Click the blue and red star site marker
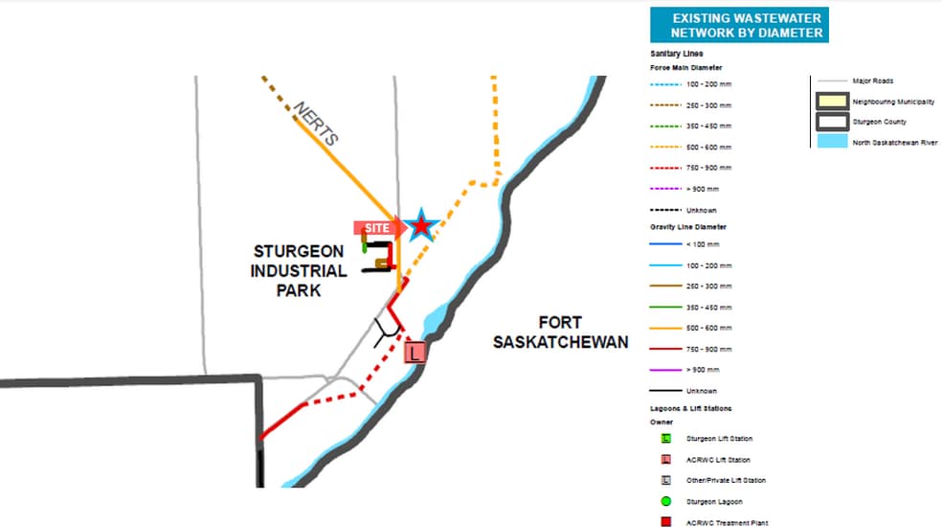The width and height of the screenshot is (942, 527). (420, 226)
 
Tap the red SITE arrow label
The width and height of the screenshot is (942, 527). (379, 228)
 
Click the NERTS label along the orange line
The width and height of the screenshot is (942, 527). (316, 125)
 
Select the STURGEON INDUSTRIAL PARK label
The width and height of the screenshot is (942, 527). (299, 270)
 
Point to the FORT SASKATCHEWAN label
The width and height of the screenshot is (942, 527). (560, 332)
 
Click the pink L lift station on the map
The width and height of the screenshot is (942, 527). (415, 354)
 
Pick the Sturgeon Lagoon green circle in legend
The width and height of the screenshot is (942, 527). (665, 501)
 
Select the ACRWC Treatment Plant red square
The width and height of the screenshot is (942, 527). (665, 522)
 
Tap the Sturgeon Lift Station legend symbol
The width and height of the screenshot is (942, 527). (665, 438)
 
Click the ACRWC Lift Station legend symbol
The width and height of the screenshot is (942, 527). (665, 459)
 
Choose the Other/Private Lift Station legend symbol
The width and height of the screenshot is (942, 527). (665, 480)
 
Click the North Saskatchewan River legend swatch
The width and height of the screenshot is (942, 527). (830, 142)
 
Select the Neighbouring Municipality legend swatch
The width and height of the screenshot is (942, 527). (830, 101)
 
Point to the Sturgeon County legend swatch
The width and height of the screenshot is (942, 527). (830, 122)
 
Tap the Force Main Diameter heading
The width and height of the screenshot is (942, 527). (685, 67)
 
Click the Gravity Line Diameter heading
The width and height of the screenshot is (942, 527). (687, 227)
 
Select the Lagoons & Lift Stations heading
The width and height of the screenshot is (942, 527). (691, 408)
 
